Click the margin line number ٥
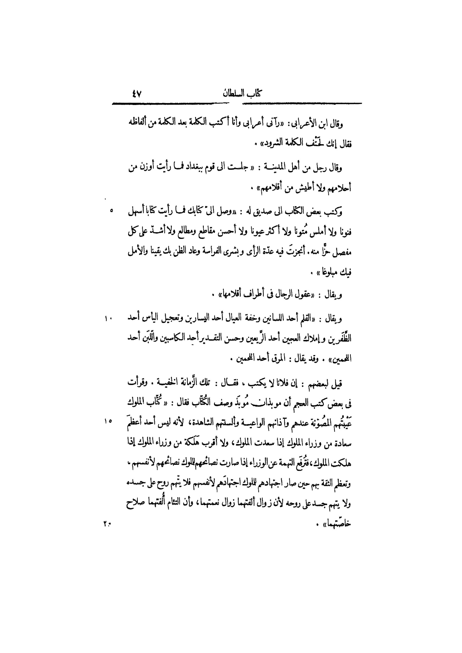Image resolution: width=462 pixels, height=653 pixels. (x=111, y=211)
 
